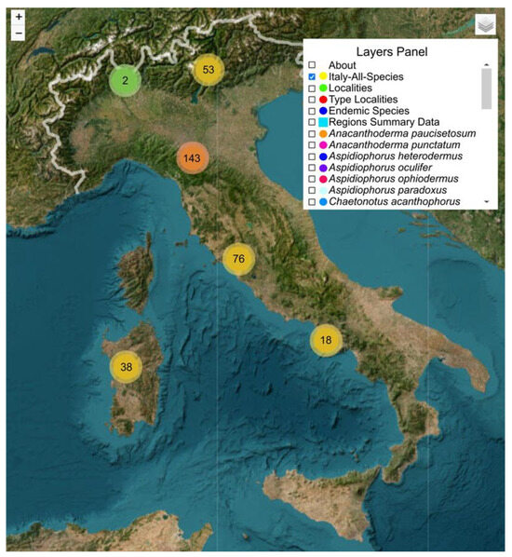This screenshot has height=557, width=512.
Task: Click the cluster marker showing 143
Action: click(193, 158)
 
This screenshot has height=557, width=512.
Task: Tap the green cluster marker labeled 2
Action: click(126, 81)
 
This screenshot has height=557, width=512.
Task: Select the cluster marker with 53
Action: click(209, 70)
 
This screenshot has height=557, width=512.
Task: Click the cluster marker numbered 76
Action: click(239, 259)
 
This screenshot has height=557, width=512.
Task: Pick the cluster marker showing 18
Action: click(326, 341)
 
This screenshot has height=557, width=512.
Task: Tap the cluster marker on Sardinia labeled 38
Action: click(126, 367)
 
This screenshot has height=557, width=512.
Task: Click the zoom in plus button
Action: click(19, 17)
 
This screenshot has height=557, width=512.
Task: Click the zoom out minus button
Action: click(19, 34)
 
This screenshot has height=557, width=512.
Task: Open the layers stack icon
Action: click(485, 24)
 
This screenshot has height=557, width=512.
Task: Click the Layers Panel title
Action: click(391, 52)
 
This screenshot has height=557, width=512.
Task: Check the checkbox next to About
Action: click(312, 65)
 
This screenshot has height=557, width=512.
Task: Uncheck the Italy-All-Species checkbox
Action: click(312, 76)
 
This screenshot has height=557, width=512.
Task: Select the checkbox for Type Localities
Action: click(312, 100)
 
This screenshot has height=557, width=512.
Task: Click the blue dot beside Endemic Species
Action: click(322, 111)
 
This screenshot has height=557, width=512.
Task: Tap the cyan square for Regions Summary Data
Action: click(322, 122)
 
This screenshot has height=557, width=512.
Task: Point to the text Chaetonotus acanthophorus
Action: click(397, 202)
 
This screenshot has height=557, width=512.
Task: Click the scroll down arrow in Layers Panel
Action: click(485, 201)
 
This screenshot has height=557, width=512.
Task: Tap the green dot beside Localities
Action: click(322, 88)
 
